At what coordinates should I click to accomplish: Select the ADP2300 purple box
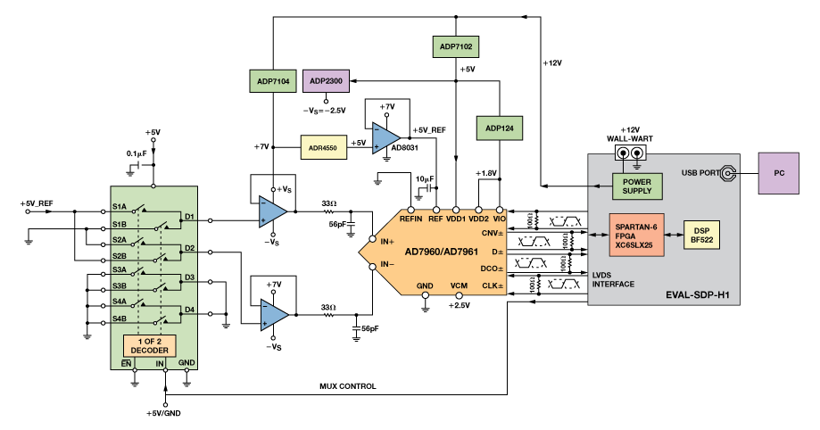(x=327, y=81)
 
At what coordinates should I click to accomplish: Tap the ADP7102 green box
(x=455, y=45)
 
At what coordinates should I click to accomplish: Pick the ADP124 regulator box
(x=499, y=128)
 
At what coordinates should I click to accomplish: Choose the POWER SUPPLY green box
(x=636, y=185)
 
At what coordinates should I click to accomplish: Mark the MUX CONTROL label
(x=348, y=387)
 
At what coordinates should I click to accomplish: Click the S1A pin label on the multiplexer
(x=119, y=207)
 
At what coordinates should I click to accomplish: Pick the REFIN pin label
(x=411, y=218)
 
